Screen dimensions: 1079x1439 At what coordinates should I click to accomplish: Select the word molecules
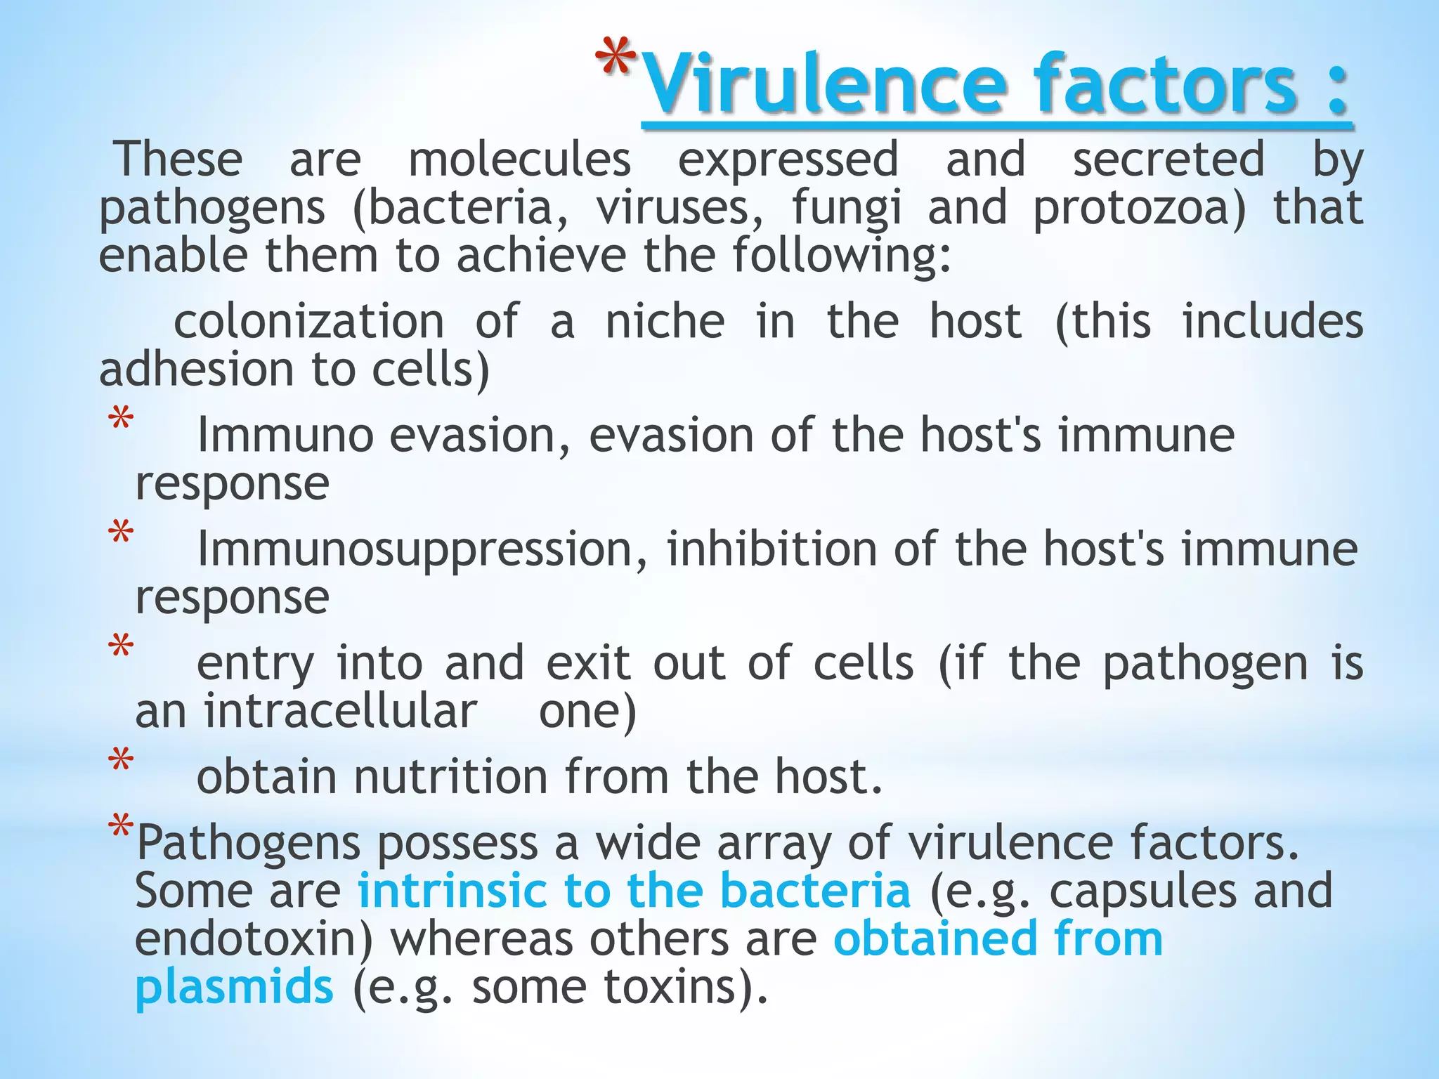click(519, 159)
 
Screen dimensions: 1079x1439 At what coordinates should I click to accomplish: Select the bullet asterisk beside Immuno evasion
click(121, 420)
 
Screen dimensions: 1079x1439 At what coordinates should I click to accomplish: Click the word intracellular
click(341, 712)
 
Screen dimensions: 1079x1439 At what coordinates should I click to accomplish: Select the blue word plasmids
click(234, 986)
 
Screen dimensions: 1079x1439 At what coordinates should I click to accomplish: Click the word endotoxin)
click(254, 939)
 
